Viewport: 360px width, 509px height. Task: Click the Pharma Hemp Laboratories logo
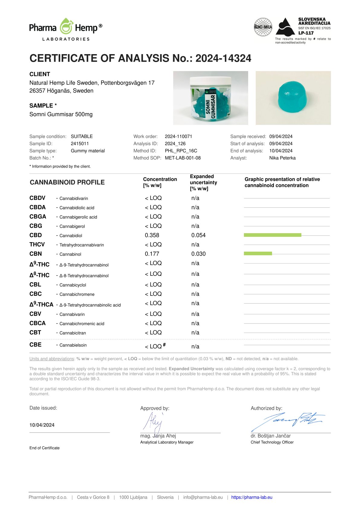66,29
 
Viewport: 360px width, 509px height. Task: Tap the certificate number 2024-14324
223,58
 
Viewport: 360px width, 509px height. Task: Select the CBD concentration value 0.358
152,235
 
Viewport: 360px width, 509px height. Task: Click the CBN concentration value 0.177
152,254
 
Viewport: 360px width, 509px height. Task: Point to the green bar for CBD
272,235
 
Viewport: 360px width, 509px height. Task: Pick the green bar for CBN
258,253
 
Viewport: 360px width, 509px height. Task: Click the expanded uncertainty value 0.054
198,235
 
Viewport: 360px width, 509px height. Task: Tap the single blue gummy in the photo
293,97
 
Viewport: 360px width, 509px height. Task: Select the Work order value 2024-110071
178,136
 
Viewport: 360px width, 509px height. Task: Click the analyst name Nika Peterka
282,158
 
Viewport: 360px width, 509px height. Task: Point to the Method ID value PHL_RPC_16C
181,151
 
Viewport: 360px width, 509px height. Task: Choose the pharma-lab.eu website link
251,497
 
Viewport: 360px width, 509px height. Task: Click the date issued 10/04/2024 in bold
42,425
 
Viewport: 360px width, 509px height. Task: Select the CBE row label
35,345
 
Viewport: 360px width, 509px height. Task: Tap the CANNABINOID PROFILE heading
67,182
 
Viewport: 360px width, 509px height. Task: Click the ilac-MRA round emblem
263,27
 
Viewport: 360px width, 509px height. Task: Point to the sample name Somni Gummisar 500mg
61,114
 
